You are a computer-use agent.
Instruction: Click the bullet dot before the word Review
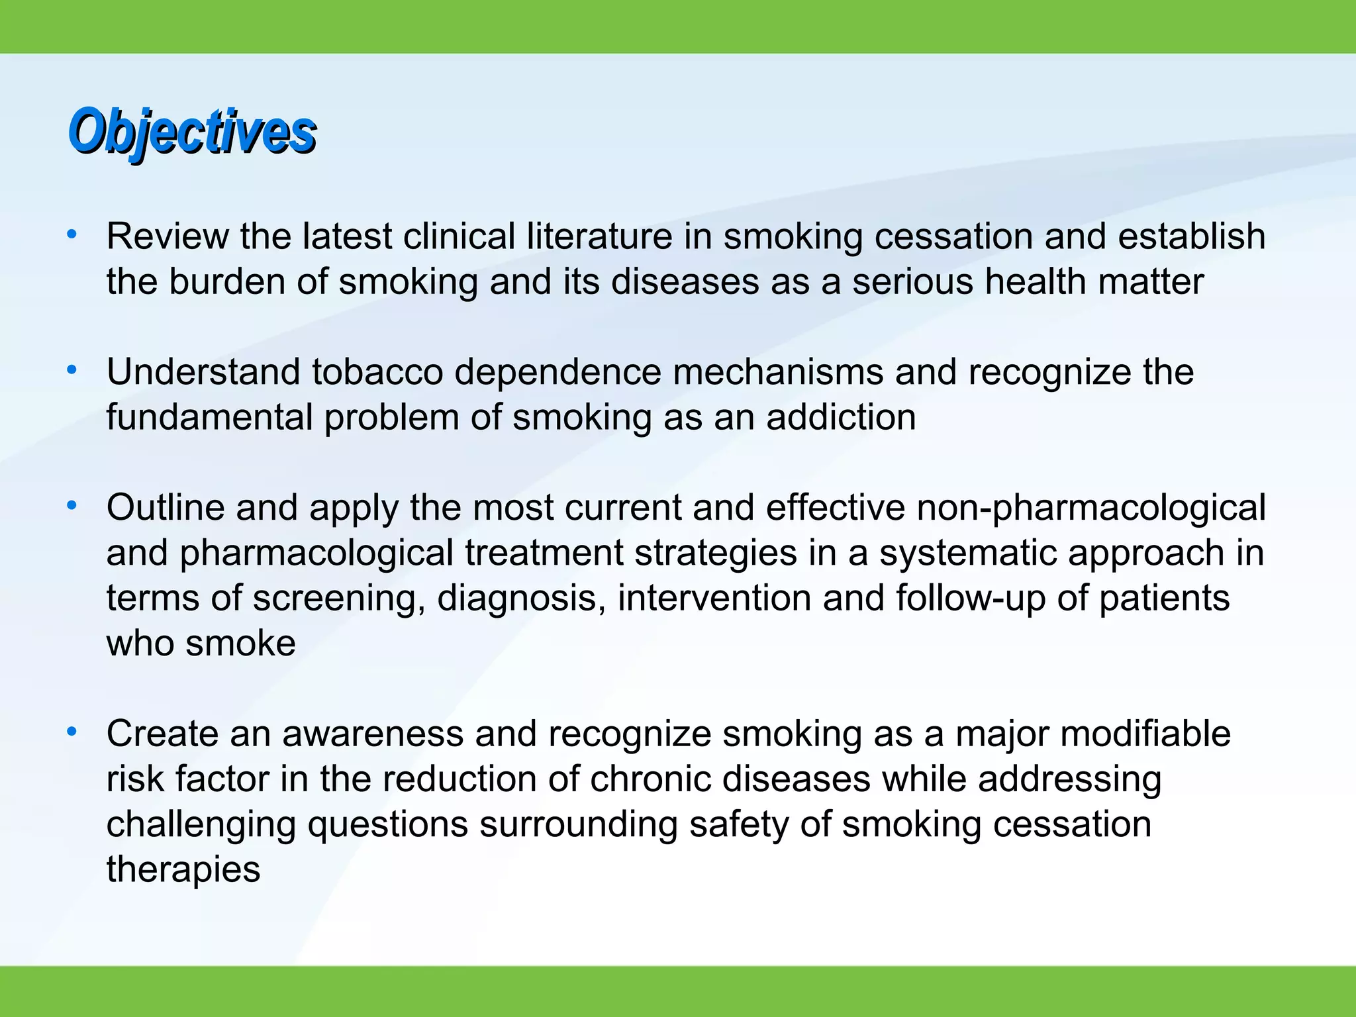pos(72,234)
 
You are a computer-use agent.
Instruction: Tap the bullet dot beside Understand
pos(72,369)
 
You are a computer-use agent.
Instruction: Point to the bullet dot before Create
pos(72,731)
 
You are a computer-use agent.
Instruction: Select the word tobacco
pos(377,372)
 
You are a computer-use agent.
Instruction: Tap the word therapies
pos(183,869)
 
